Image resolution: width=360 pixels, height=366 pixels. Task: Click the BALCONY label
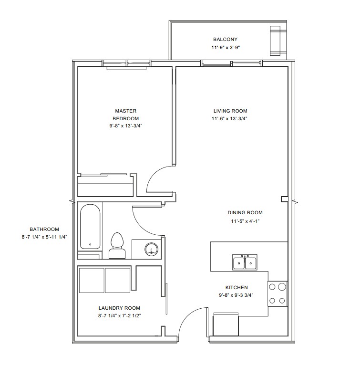point(225,40)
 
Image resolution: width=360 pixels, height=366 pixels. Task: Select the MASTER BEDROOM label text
point(125,115)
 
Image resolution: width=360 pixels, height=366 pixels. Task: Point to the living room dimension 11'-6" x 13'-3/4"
point(229,118)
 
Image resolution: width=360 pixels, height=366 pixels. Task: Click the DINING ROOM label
point(245,213)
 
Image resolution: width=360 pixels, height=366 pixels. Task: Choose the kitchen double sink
point(245,262)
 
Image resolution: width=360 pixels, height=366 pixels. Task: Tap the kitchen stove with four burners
point(277,293)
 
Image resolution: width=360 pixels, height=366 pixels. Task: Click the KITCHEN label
point(237,288)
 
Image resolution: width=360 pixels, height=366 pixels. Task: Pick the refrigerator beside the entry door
point(226,324)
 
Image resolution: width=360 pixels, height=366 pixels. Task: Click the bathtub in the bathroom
point(90,227)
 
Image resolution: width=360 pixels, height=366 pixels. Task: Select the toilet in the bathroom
point(117,246)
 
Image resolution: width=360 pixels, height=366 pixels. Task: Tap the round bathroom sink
point(152,249)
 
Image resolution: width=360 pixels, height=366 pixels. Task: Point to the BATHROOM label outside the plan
point(44,230)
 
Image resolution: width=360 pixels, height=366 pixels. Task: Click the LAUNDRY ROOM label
point(119,308)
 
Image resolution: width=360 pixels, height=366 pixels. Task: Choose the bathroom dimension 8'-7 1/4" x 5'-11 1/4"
point(44,237)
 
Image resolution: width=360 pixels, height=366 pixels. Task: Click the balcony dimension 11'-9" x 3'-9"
point(226,48)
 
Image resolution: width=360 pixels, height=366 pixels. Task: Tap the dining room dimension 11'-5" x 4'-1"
point(245,221)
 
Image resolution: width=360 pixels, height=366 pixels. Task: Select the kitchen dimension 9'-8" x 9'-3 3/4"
point(236,295)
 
